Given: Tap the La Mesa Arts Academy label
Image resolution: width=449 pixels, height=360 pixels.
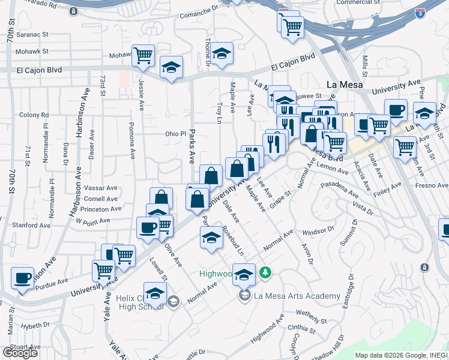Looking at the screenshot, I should point(297,295).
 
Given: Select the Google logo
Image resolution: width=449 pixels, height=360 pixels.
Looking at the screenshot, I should point(19,353).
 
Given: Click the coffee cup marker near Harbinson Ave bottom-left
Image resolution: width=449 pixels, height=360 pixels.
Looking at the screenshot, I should point(23,278).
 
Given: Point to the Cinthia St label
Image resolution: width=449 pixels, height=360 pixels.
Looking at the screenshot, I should point(301,327).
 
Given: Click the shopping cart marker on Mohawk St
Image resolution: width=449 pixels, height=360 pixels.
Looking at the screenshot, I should point(143,56).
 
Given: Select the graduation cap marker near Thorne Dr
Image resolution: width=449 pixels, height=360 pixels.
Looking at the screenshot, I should point(221,55).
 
